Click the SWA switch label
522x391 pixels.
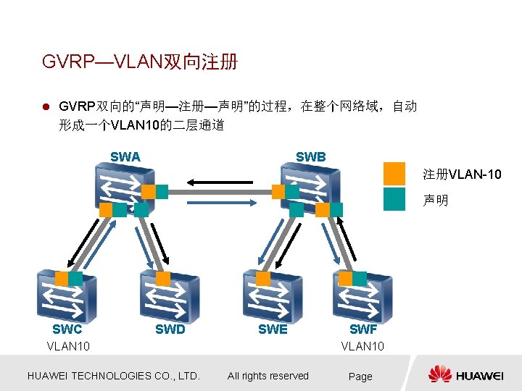click(x=125, y=156)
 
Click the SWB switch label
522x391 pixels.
click(x=310, y=156)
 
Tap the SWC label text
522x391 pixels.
click(x=67, y=329)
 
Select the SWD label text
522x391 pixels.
click(x=170, y=329)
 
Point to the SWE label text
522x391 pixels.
click(x=273, y=329)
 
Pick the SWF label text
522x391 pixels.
click(x=363, y=329)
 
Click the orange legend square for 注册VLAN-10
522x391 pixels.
click(x=394, y=174)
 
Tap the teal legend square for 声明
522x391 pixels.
click(x=394, y=199)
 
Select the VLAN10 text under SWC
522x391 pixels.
click(x=68, y=346)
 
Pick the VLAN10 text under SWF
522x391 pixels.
click(x=362, y=346)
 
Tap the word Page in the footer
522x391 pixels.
click(x=360, y=377)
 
